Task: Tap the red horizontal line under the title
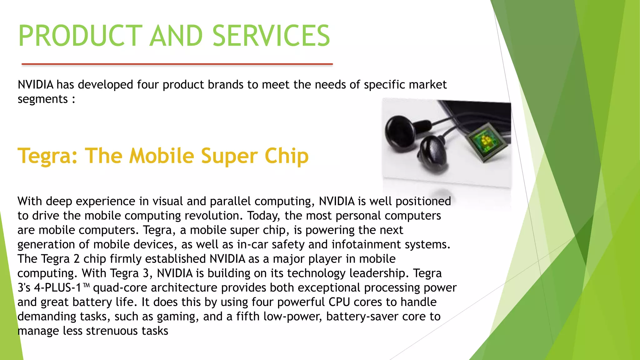177,64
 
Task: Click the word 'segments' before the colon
42,99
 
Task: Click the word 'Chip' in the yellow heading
287,156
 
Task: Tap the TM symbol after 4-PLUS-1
87,285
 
